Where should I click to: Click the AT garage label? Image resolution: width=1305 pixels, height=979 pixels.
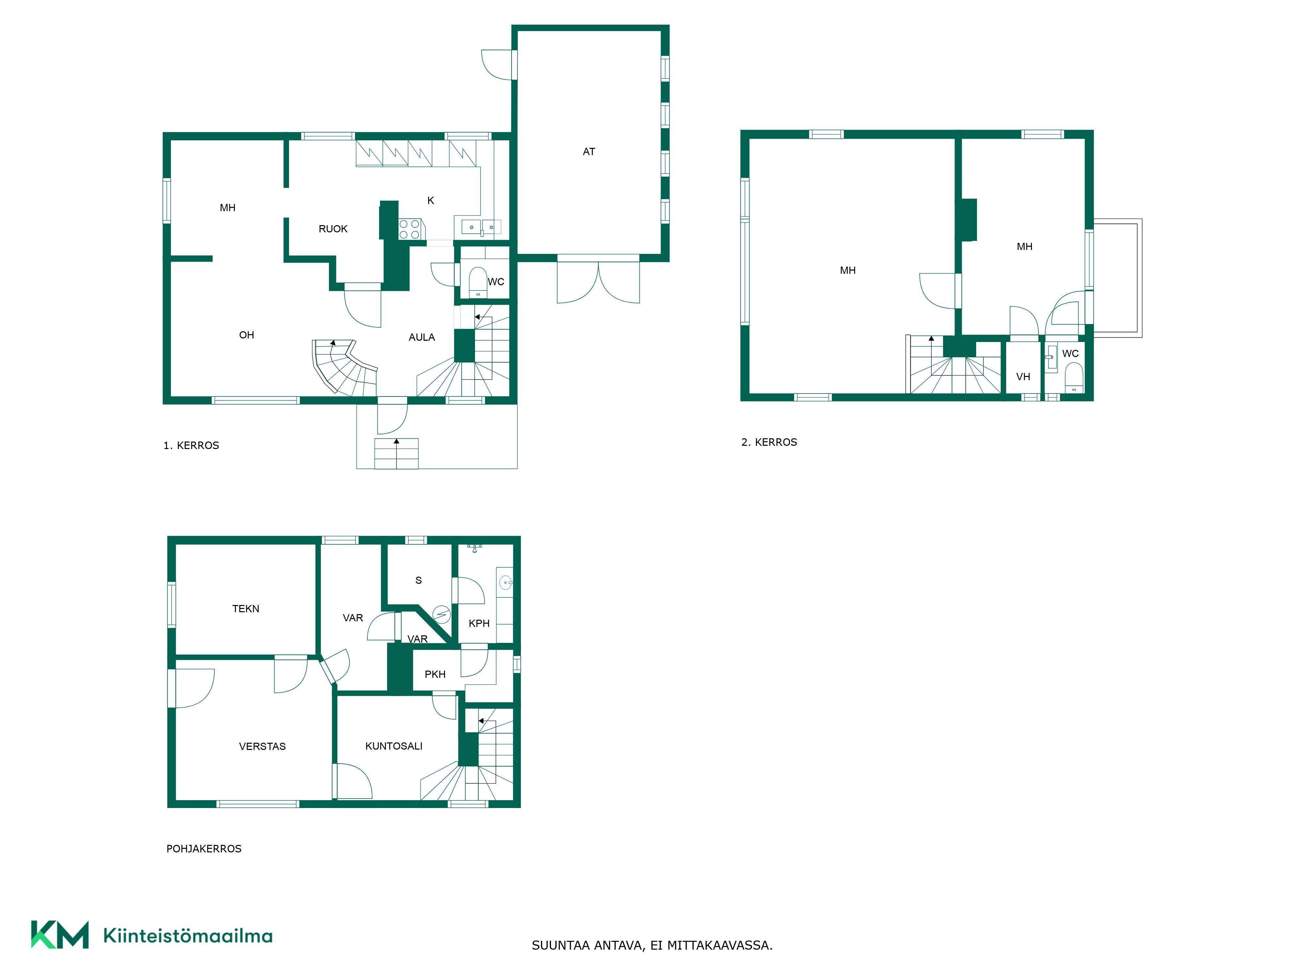click(589, 152)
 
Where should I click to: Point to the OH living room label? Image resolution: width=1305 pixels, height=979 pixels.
click(247, 335)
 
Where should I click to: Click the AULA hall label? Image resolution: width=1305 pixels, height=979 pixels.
click(422, 337)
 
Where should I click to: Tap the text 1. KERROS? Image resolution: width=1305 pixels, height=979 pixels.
click(191, 445)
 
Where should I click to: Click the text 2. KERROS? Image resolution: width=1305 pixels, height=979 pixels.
click(769, 442)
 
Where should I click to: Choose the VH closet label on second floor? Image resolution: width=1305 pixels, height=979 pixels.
click(1023, 377)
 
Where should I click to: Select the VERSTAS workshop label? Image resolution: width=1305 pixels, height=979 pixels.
click(263, 747)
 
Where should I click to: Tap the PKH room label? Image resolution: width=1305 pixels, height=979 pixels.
click(436, 675)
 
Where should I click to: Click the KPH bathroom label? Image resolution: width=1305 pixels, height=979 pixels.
click(479, 623)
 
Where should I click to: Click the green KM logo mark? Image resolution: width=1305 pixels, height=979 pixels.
click(60, 935)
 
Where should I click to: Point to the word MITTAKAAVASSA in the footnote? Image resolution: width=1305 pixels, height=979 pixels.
click(720, 945)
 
